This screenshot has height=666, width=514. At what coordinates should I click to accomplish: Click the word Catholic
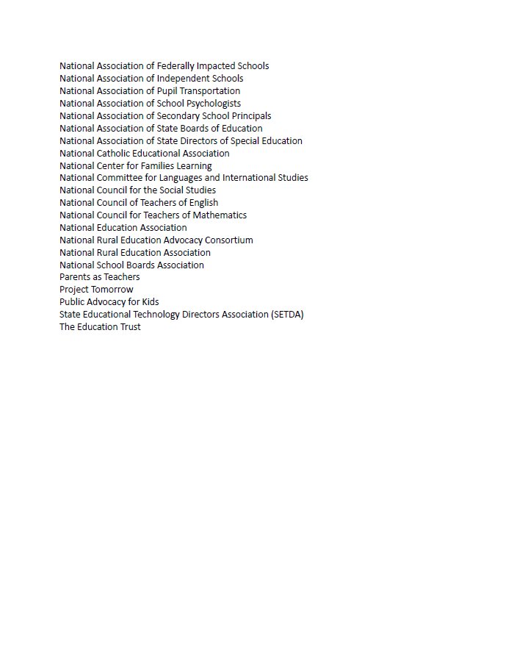point(113,154)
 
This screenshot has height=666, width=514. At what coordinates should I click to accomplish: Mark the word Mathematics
point(220,215)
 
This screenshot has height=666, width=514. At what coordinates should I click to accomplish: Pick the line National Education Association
point(123,228)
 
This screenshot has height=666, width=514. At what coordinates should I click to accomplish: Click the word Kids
point(150,302)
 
